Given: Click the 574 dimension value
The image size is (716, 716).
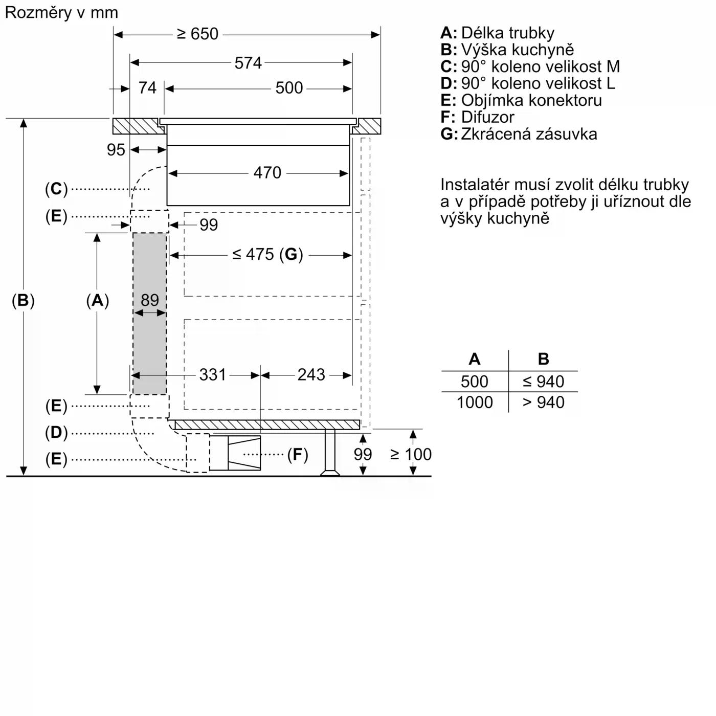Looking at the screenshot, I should click(x=248, y=63).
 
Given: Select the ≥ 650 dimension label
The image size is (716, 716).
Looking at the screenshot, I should click(x=197, y=34).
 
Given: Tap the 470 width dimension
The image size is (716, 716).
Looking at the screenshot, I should click(x=267, y=173).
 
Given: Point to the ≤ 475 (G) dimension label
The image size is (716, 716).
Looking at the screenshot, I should click(x=267, y=254).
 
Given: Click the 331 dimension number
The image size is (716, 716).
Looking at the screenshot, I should click(x=212, y=375).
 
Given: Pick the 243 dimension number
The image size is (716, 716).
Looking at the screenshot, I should click(x=311, y=375).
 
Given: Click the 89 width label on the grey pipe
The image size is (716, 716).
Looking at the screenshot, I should click(x=149, y=300).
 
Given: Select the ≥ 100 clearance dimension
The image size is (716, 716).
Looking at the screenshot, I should click(x=411, y=454).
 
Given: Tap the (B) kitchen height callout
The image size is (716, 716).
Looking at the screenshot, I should click(x=23, y=300).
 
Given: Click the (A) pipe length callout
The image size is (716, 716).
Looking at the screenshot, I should click(x=97, y=300).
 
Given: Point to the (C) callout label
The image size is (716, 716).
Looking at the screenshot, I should click(x=56, y=189).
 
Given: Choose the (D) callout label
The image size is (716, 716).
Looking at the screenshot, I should click(x=56, y=433).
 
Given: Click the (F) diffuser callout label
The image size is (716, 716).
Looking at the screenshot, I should click(x=297, y=454).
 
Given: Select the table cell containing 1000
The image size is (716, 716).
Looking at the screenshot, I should click(x=474, y=402).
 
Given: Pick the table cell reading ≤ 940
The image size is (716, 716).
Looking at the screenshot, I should click(x=543, y=382).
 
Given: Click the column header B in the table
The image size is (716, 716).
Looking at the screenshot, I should click(x=543, y=359).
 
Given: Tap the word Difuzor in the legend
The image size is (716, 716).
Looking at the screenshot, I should click(x=487, y=117).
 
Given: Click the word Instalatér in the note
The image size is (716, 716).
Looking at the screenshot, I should click(x=476, y=185).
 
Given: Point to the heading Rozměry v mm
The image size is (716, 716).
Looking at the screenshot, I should click(x=61, y=12).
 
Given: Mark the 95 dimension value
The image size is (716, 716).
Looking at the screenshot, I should click(x=116, y=150).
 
